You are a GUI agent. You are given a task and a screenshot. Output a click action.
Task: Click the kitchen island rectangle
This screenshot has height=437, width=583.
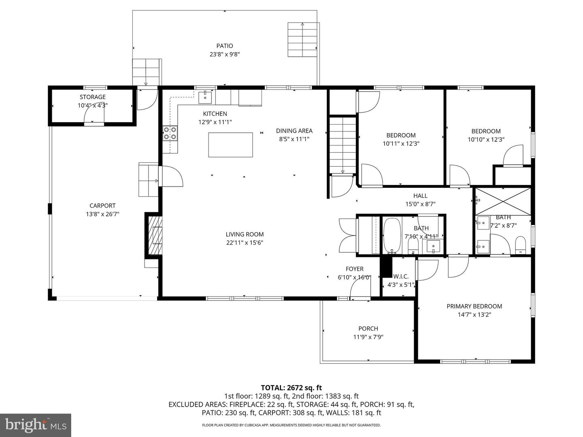(x=230, y=144)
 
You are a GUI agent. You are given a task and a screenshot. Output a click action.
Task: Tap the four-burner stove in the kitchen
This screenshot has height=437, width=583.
(x=170, y=133)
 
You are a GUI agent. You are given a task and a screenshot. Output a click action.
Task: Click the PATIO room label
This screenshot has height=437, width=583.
(x=224, y=46)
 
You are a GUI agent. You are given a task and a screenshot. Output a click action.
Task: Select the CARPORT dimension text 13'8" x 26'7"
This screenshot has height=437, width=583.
(x=102, y=214)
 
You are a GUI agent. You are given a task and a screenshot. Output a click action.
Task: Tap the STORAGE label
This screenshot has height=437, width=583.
(x=92, y=97)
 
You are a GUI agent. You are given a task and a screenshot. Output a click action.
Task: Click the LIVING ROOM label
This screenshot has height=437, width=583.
(x=245, y=234)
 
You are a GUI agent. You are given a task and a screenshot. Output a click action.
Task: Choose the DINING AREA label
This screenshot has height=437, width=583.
(x=294, y=131)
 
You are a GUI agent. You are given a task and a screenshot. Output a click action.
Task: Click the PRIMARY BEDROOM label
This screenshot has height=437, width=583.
(x=474, y=306)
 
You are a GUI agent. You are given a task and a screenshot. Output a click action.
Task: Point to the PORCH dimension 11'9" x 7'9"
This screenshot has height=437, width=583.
(x=368, y=337)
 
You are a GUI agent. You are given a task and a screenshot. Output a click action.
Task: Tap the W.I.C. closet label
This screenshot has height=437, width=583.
(x=401, y=276)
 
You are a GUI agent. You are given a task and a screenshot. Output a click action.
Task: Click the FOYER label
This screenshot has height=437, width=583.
(x=354, y=269)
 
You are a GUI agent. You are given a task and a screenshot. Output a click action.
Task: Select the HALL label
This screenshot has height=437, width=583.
(x=420, y=195)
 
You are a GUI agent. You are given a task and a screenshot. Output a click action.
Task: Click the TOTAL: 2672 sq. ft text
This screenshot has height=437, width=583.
(x=291, y=388)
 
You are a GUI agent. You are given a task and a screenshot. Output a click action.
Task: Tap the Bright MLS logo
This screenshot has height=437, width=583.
(x=36, y=425)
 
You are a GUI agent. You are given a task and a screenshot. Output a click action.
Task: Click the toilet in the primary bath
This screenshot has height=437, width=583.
(x=520, y=245)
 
